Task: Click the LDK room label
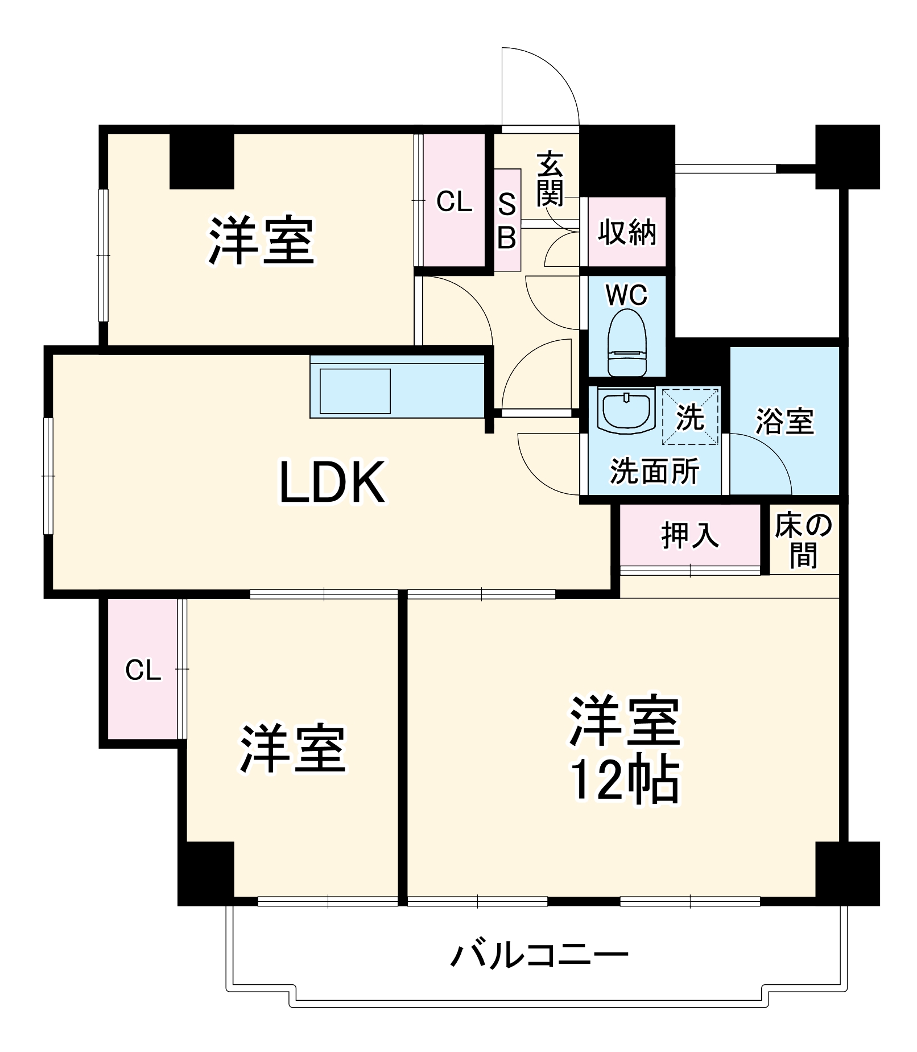332,482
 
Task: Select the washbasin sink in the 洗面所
626,410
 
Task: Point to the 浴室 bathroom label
784,422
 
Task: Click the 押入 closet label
690,535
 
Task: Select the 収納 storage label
627,232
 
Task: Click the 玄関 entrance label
550,179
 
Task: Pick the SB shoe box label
507,221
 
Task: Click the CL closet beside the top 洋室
454,201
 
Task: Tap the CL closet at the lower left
143,670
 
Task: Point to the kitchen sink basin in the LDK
355,391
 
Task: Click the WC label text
626,295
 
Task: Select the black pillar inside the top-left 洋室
202,161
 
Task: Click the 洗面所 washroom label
654,471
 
